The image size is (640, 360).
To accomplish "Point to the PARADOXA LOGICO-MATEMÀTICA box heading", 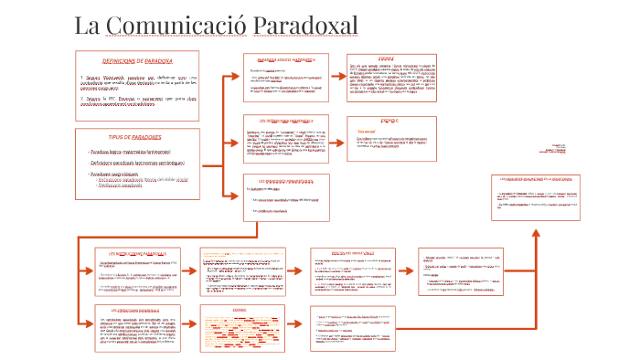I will pos(286,59).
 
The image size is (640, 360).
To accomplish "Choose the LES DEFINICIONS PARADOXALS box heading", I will pos(286,120).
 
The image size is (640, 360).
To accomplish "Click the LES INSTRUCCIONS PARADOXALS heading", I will pos(138,252).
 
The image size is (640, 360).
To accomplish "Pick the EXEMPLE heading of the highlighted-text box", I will pos(240,310).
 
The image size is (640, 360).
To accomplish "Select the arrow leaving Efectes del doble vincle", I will pos(408,271).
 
